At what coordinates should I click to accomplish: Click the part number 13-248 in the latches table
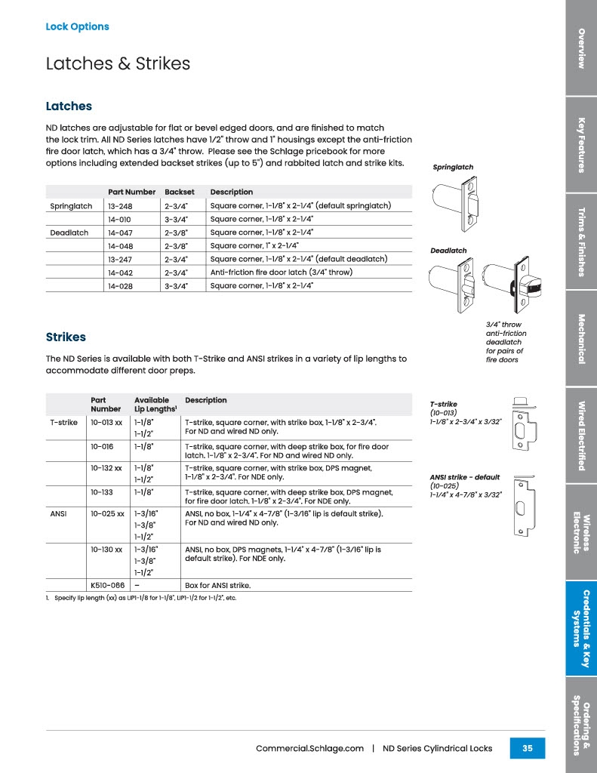coord(121,206)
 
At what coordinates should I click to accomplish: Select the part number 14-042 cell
coord(121,273)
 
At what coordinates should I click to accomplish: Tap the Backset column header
coord(180,192)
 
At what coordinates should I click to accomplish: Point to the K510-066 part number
coord(107,585)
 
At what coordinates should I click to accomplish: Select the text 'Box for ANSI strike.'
coord(217,585)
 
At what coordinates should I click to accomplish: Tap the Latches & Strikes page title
coord(118,63)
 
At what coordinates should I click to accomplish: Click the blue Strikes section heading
coord(66,337)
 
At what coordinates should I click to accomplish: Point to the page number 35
coord(527,748)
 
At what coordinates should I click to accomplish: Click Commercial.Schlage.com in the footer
coord(309,749)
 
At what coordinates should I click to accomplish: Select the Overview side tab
coord(580,48)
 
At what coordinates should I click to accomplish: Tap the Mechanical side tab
coord(580,338)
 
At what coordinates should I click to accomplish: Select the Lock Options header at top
coord(77,26)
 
